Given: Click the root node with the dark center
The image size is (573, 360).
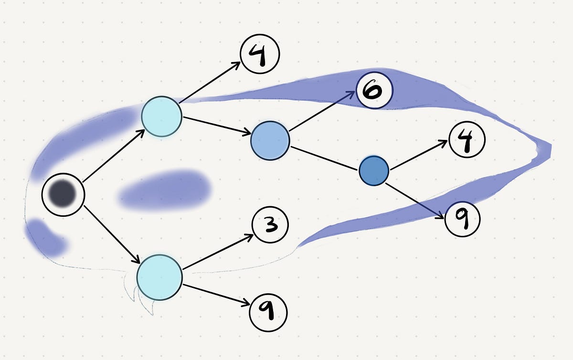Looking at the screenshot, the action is (64, 194).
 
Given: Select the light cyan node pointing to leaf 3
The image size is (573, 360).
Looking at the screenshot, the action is (159, 277).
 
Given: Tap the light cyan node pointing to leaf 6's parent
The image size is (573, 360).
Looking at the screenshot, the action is (161, 116).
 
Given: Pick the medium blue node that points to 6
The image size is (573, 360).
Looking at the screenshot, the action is (270, 139).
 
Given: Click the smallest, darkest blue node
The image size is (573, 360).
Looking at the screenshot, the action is (374, 170).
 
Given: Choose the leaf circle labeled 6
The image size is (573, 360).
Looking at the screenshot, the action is (374, 90).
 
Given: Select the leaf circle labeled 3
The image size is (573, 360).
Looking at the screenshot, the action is (270, 225).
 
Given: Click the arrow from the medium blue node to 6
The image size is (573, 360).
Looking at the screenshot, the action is (322, 110).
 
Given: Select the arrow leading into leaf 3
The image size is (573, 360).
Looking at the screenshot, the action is (217, 251).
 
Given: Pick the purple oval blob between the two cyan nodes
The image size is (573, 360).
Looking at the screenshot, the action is (165, 190).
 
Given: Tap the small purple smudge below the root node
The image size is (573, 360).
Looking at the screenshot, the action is (45, 237).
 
